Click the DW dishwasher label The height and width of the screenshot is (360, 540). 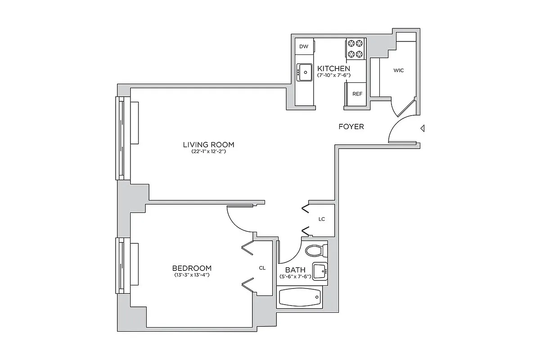click(304, 46)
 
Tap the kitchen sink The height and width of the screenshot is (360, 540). click(305, 72)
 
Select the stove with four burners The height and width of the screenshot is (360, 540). click(355, 49)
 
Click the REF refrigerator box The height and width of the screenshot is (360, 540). click(357, 94)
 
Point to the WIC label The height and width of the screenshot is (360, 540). click(398, 71)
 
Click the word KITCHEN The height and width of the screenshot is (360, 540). click(333, 68)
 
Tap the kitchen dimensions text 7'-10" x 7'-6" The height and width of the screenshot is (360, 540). click(333, 75)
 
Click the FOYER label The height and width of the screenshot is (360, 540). click(351, 127)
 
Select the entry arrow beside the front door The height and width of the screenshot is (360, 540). click(422, 129)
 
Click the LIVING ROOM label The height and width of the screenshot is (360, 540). click(208, 144)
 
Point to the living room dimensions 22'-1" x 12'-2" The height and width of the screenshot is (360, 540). click(208, 152)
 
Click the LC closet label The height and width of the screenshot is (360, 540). click(321, 219)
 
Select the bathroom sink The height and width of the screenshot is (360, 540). click(320, 271)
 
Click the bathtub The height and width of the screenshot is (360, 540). click(300, 297)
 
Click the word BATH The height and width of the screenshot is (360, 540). click(295, 270)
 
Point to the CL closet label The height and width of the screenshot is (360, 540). click(262, 268)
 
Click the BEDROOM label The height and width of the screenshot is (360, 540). click(192, 268)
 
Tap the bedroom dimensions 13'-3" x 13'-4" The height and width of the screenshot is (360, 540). click(192, 274)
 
